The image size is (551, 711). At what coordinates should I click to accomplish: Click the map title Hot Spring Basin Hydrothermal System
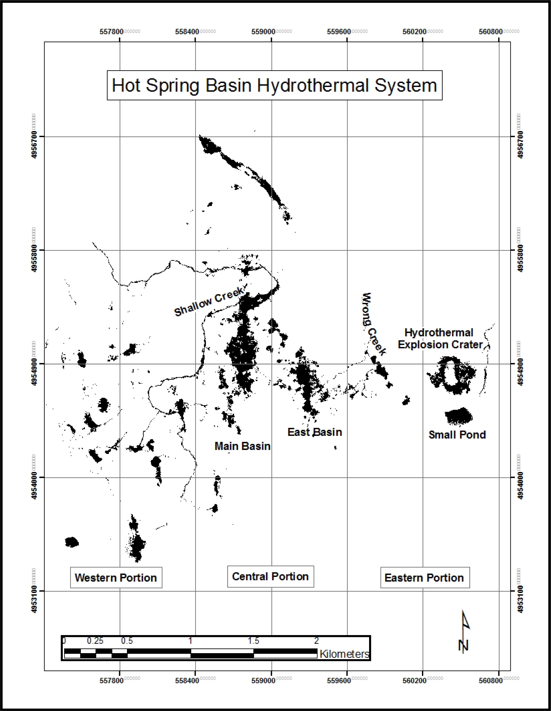274,85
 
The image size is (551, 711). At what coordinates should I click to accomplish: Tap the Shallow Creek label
209,301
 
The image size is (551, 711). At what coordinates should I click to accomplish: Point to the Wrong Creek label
373,324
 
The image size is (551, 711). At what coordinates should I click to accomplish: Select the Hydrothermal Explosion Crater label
440,338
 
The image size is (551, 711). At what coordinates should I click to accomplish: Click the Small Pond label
457,435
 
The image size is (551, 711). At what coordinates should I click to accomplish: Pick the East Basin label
314,432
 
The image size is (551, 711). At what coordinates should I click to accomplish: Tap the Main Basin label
242,446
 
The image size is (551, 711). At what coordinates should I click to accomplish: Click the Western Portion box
116,577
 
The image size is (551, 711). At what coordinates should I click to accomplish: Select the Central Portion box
270,576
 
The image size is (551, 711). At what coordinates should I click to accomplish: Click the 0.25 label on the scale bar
95,641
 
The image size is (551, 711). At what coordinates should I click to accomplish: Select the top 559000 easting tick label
263,32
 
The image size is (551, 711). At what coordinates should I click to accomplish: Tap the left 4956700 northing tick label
34,145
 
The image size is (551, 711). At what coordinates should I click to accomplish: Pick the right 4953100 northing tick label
520,599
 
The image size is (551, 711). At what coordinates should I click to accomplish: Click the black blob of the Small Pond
458,416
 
